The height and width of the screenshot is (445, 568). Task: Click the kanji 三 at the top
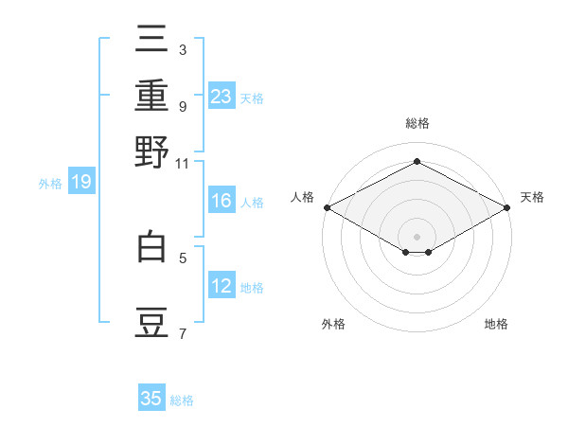point(152,40)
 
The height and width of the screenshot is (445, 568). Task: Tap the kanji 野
point(152,151)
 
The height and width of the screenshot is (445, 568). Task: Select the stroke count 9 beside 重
point(182,106)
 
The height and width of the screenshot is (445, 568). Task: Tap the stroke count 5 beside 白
point(182,257)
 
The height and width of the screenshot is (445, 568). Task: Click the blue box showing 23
point(222,96)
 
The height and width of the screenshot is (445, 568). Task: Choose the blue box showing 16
point(222,201)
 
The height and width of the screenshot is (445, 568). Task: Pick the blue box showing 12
point(222,286)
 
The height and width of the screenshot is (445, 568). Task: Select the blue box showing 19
point(81,182)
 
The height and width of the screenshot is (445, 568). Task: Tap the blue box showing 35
point(151,399)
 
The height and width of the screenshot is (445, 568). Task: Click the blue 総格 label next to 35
point(182,400)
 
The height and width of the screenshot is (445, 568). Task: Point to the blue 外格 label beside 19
point(50,184)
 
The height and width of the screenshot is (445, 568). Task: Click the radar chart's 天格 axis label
point(532,198)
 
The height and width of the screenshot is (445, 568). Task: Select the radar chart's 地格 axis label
point(496,325)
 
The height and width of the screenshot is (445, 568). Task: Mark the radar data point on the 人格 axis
point(327,207)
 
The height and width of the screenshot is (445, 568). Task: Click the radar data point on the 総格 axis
point(417,162)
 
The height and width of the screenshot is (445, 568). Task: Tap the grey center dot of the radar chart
point(417,235)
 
